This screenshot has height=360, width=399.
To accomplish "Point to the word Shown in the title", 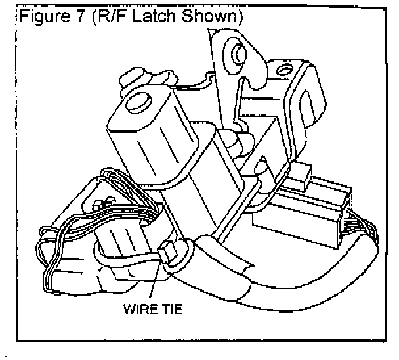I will tap(208, 14).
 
